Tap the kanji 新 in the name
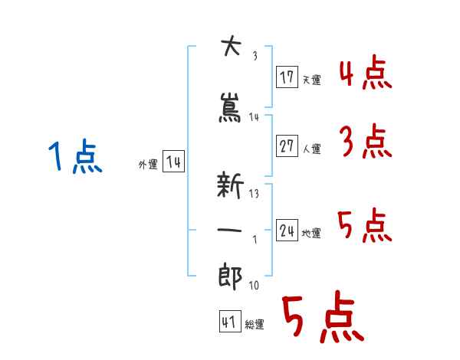point(231,185)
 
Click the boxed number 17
point(287,77)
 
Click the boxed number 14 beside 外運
point(173,162)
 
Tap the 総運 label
point(255,325)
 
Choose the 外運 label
point(147,165)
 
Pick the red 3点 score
point(365,142)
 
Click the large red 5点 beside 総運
point(321,319)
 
